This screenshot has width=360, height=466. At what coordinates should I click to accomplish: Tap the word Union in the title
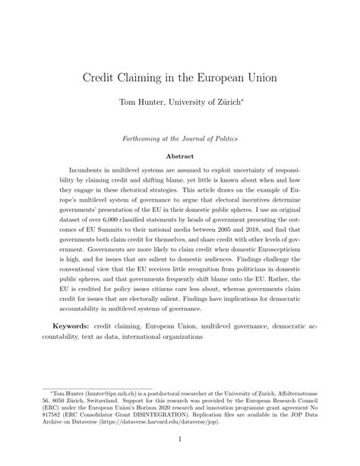257,78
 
